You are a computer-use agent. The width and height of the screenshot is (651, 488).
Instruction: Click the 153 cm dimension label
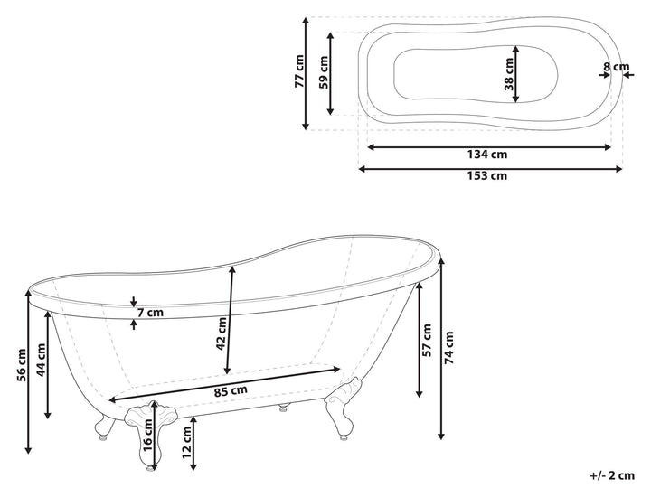[x=487, y=175]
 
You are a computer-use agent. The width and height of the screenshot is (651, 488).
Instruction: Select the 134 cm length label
[x=487, y=155]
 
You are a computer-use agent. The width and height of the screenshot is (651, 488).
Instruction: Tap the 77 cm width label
[x=299, y=71]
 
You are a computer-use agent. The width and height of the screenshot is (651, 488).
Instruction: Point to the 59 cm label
[x=324, y=72]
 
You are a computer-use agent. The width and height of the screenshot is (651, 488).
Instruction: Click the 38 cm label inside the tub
[x=508, y=74]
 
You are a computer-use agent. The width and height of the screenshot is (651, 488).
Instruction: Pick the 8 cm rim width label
[x=616, y=66]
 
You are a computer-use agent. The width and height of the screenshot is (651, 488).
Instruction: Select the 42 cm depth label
[x=222, y=333]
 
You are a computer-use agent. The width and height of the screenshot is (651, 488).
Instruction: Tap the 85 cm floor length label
[x=231, y=391]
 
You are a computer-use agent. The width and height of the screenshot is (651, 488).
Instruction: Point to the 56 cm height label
[x=22, y=365]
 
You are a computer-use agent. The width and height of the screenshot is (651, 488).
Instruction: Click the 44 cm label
[x=41, y=360]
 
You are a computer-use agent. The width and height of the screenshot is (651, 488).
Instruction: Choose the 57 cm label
[x=427, y=340]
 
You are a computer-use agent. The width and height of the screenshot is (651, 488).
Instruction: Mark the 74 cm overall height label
[x=448, y=348]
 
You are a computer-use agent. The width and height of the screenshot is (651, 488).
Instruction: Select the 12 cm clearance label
[x=187, y=443]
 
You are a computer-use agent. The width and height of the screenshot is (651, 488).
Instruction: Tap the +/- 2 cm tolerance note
[x=612, y=475]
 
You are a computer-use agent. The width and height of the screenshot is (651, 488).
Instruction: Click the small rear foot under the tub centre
[x=284, y=408]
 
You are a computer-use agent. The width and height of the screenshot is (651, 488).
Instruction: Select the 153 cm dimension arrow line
[x=490, y=168]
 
